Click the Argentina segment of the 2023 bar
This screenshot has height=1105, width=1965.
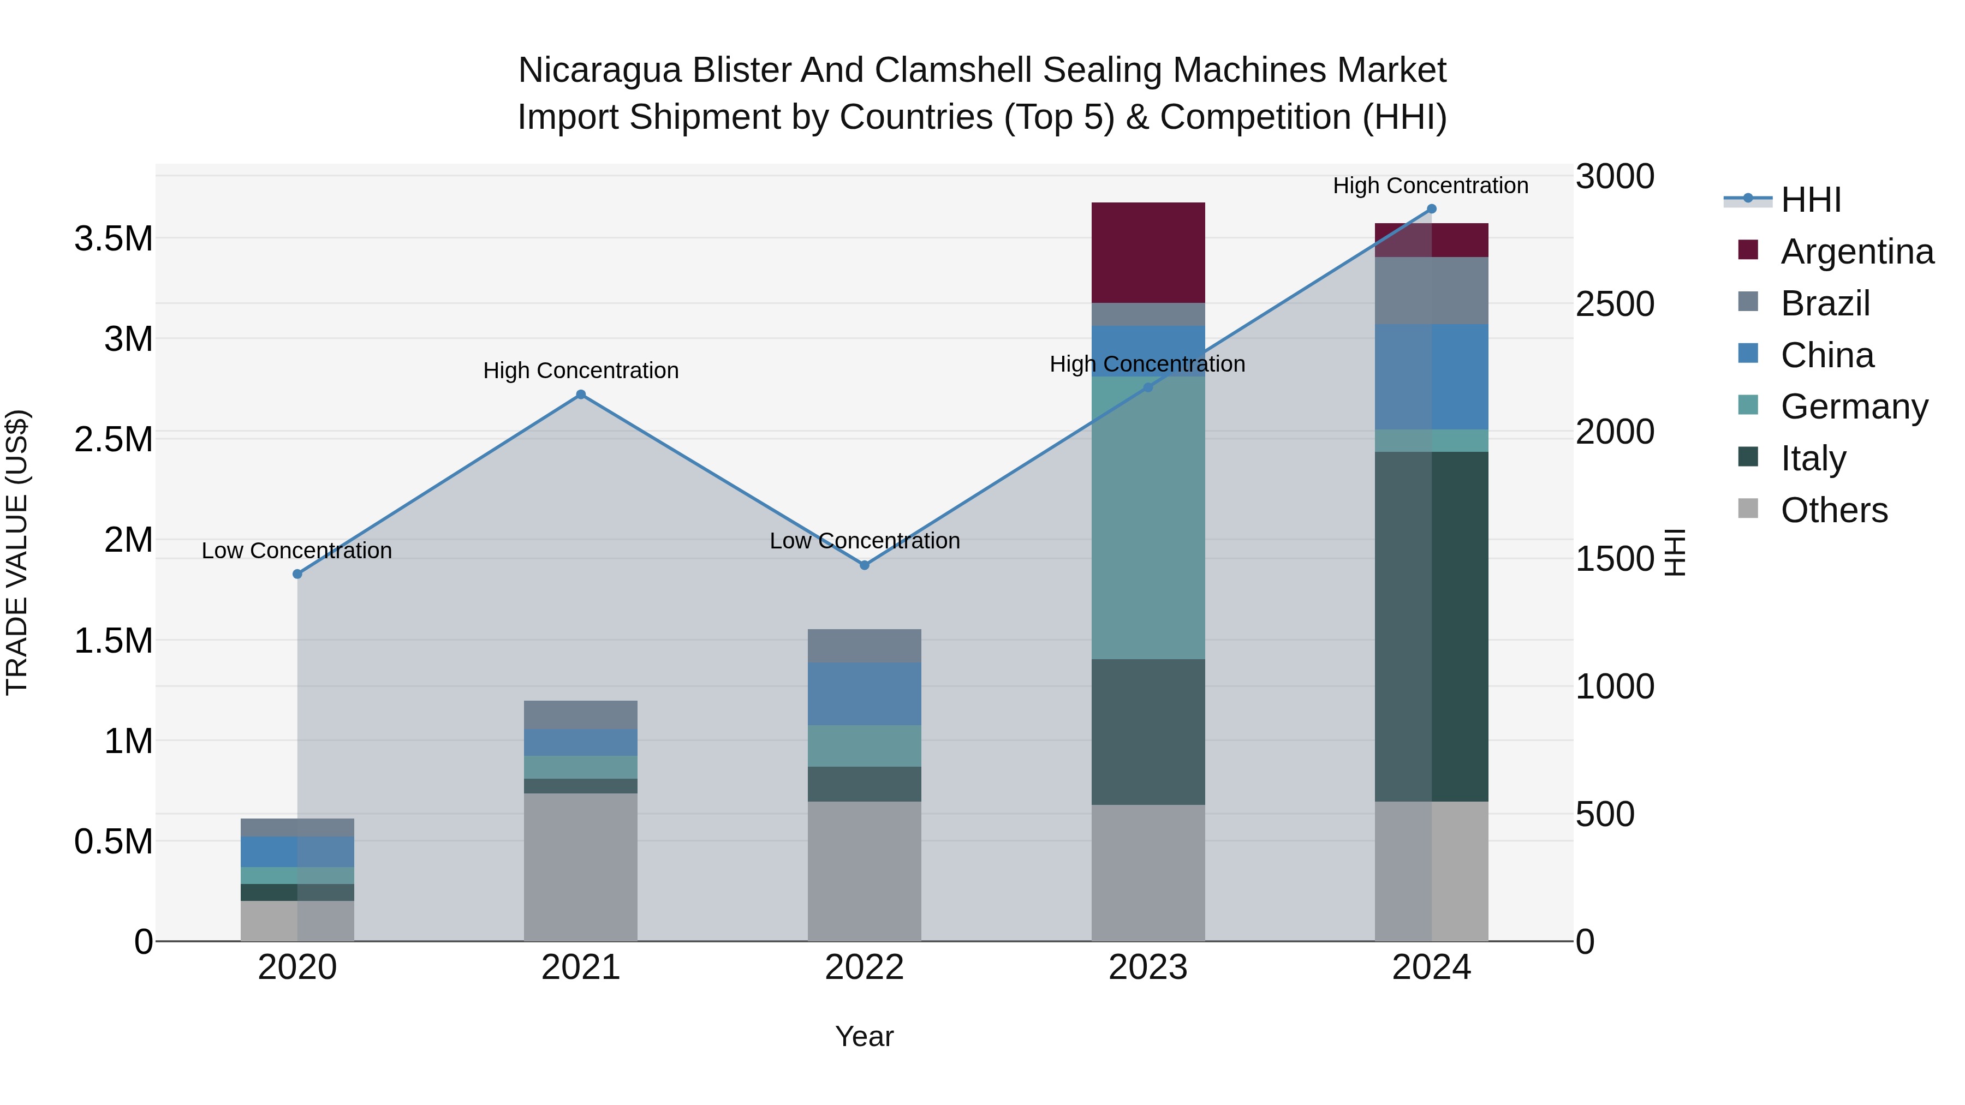(1147, 253)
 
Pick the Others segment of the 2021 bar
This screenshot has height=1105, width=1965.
(581, 867)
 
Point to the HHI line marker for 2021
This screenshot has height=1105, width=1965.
(581, 395)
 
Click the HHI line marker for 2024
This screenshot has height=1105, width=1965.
(1431, 209)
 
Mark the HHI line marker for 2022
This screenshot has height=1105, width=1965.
(864, 565)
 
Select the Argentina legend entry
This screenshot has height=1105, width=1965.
(1857, 252)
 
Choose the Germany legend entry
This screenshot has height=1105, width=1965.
(1854, 407)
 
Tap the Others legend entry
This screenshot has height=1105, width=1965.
(1834, 510)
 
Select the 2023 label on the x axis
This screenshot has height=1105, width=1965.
(1147, 967)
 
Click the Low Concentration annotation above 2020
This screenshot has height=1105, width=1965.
(297, 551)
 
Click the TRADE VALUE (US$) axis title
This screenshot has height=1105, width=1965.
(17, 552)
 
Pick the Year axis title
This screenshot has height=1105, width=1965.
(864, 1036)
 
